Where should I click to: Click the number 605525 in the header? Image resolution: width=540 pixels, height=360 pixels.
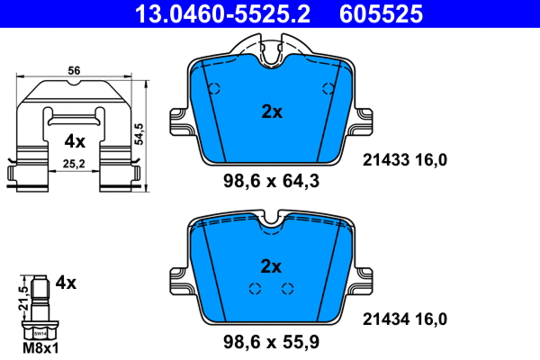click(x=379, y=13)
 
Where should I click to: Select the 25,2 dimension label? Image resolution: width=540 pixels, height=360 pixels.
click(x=75, y=164)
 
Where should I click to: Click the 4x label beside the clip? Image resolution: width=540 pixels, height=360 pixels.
click(x=74, y=141)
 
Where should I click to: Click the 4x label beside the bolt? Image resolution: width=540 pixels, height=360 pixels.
click(x=66, y=282)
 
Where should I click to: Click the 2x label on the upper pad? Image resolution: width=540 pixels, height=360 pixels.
click(x=271, y=112)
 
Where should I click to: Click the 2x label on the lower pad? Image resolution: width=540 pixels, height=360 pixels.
click(x=271, y=266)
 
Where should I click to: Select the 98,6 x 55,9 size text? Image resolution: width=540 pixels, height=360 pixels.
click(x=272, y=341)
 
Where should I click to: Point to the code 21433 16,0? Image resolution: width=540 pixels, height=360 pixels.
click(x=404, y=160)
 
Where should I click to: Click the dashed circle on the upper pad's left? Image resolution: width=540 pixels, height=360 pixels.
click(x=214, y=89)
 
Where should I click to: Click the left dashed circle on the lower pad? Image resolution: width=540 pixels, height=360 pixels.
click(x=255, y=289)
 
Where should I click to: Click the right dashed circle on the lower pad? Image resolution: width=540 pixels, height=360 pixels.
click(x=288, y=289)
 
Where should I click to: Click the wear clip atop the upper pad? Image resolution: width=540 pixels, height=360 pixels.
click(x=272, y=52)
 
